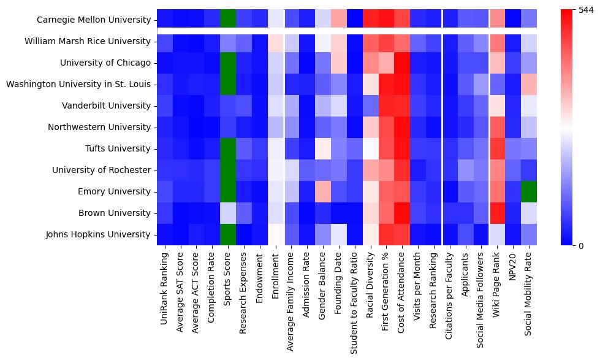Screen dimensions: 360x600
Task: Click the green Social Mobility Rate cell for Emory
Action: click(530, 191)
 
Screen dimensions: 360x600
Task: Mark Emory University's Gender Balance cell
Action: click(323, 191)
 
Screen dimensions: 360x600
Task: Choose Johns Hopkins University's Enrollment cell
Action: click(276, 234)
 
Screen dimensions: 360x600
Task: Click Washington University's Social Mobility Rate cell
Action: click(530, 84)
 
